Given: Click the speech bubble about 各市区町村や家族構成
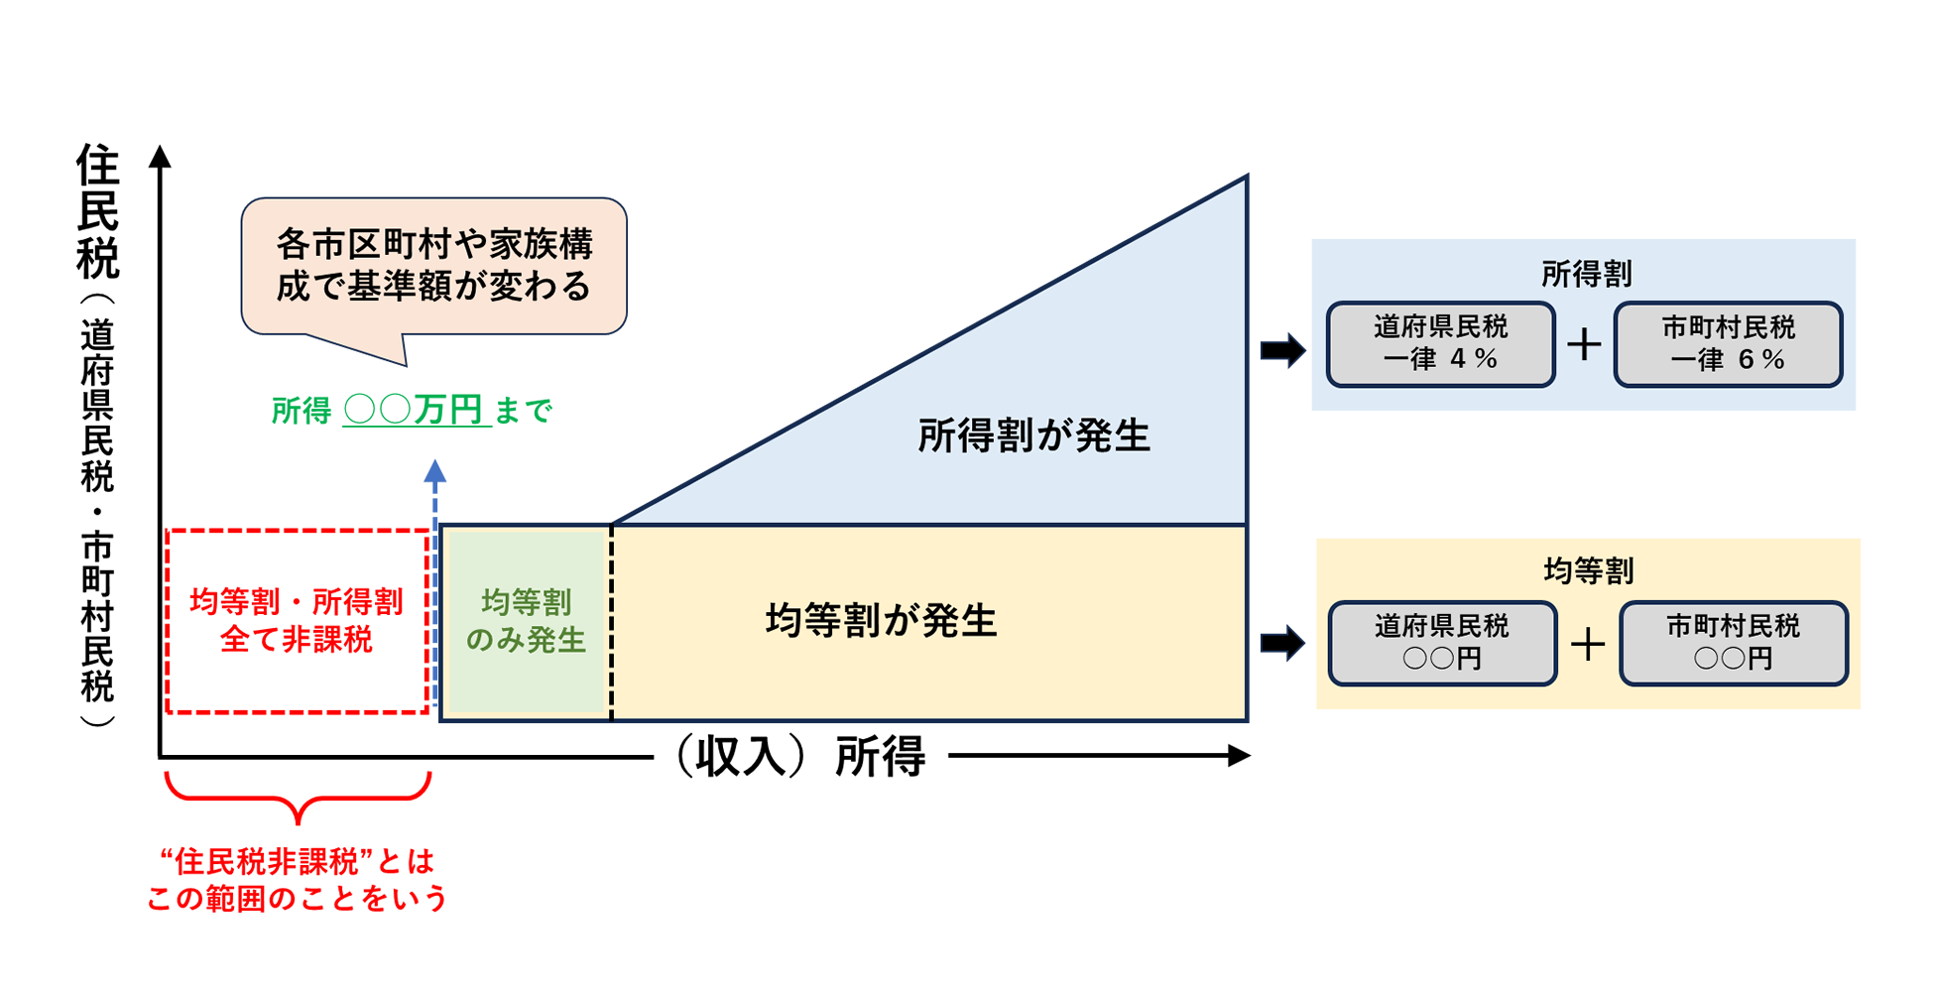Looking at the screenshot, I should point(434,265).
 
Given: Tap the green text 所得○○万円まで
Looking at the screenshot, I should point(412,410).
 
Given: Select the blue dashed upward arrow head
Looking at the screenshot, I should point(434,472).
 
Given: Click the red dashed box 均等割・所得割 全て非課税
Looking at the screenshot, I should point(297,621).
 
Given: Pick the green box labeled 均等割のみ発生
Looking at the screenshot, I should point(526,621).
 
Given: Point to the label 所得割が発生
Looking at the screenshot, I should point(1033,435).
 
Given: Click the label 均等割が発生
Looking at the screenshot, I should point(881,621).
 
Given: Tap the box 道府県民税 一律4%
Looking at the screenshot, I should point(1440,343).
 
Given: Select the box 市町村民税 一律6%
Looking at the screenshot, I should point(1728,343).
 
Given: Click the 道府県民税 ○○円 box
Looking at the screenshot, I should point(1442,643).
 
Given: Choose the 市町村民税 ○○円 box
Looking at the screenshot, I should point(1733,643).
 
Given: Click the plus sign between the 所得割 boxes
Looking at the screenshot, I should point(1584,344).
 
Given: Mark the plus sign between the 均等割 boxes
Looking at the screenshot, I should point(1588,645).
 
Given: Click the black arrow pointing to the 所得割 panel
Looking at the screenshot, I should point(1282,349).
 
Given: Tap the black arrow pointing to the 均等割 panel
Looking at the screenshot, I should point(1282,643).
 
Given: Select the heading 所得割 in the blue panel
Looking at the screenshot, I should point(1586,274).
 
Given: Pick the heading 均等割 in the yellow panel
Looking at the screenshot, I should point(1588,570).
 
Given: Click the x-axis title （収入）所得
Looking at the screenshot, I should point(800,757).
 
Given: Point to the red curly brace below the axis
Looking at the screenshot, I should point(298,798).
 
